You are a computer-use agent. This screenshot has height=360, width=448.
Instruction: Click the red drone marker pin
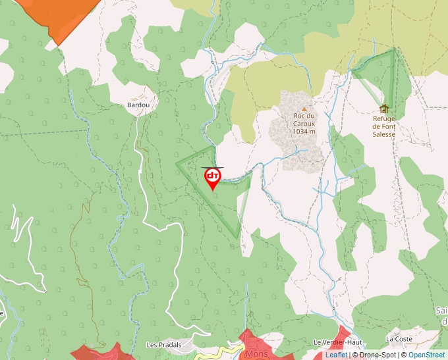click(212, 178)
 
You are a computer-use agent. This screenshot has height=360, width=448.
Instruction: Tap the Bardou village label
click(138, 105)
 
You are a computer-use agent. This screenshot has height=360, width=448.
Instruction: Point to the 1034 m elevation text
click(304, 131)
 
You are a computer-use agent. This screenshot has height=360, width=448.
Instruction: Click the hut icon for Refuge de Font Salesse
click(383, 109)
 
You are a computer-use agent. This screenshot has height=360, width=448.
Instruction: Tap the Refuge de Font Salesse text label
click(383, 126)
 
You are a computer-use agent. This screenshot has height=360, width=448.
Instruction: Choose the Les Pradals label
click(164, 345)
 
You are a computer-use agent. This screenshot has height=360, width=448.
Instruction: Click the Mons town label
click(256, 353)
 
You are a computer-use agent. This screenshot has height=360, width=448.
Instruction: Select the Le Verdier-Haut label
click(337, 342)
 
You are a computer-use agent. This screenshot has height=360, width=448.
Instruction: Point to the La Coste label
click(399, 339)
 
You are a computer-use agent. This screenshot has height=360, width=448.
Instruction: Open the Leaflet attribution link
click(336, 355)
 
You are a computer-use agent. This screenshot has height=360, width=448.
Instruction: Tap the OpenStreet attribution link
click(426, 355)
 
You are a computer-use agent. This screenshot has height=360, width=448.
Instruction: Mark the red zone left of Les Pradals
click(102, 351)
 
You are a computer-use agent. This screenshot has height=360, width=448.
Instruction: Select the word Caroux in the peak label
click(304, 123)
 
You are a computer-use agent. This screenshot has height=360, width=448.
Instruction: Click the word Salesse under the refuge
click(383, 134)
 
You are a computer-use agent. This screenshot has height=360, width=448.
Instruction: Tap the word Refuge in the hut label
click(383, 118)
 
